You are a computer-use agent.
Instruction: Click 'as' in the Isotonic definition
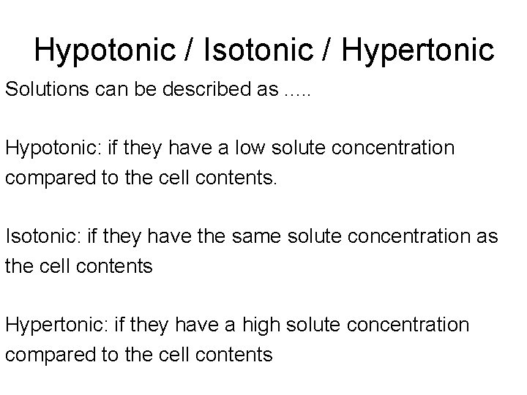tap(488, 237)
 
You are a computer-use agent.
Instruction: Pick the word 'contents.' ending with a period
tap(239, 178)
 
